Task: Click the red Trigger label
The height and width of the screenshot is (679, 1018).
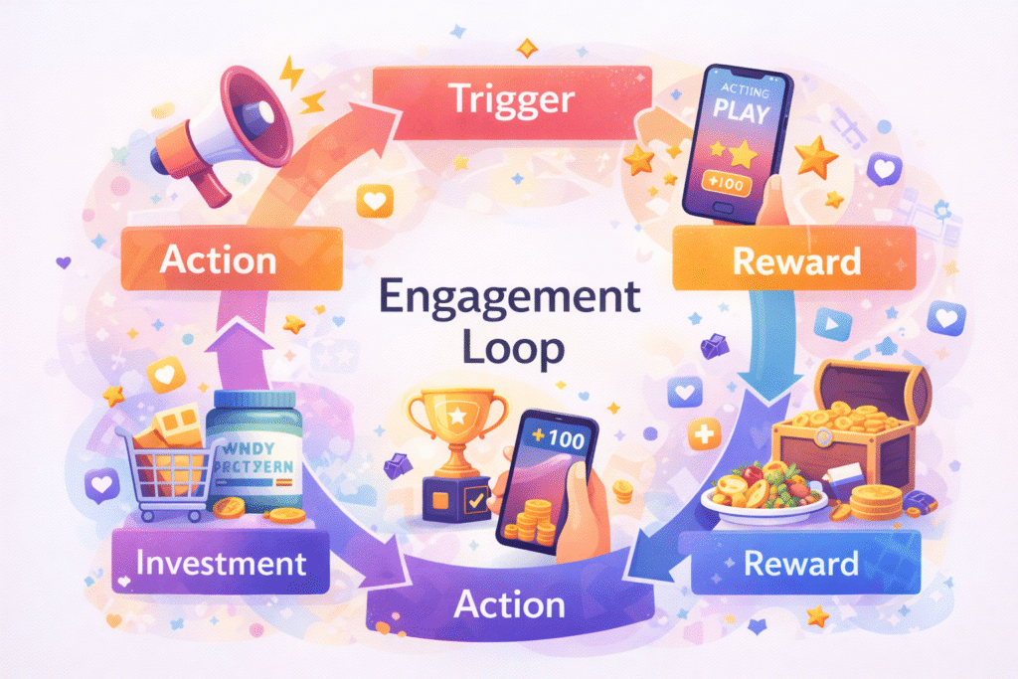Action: pos(510,98)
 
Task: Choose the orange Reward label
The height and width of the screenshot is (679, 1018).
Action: pos(794,261)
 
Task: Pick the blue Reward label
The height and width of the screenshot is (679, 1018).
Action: pos(801,565)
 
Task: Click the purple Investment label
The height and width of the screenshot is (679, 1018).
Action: pos(221,564)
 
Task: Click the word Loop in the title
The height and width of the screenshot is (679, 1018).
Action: pos(511,349)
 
